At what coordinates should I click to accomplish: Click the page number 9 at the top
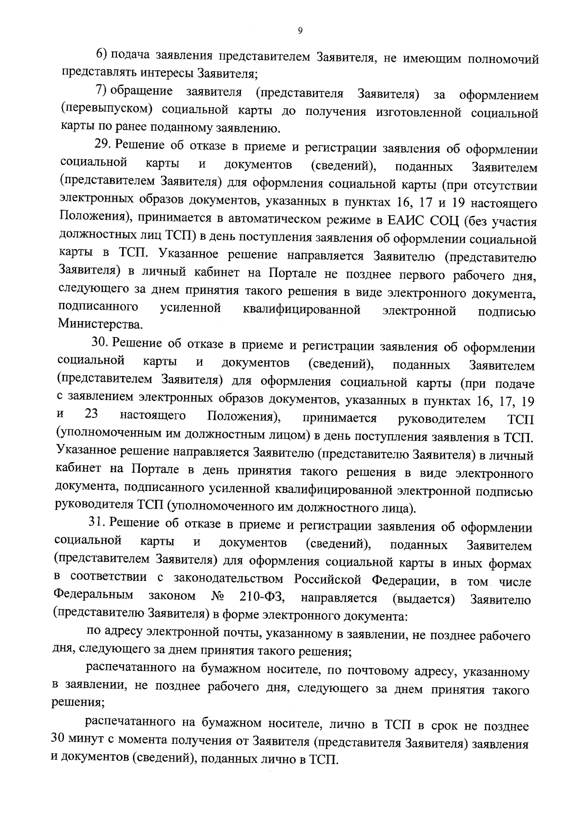pos(300,31)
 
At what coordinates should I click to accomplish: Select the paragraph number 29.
pos(101,145)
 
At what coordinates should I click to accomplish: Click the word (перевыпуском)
pos(106,110)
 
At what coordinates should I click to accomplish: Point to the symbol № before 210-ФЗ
pos(218,597)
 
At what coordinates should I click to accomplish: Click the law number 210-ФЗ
pos(262,598)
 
